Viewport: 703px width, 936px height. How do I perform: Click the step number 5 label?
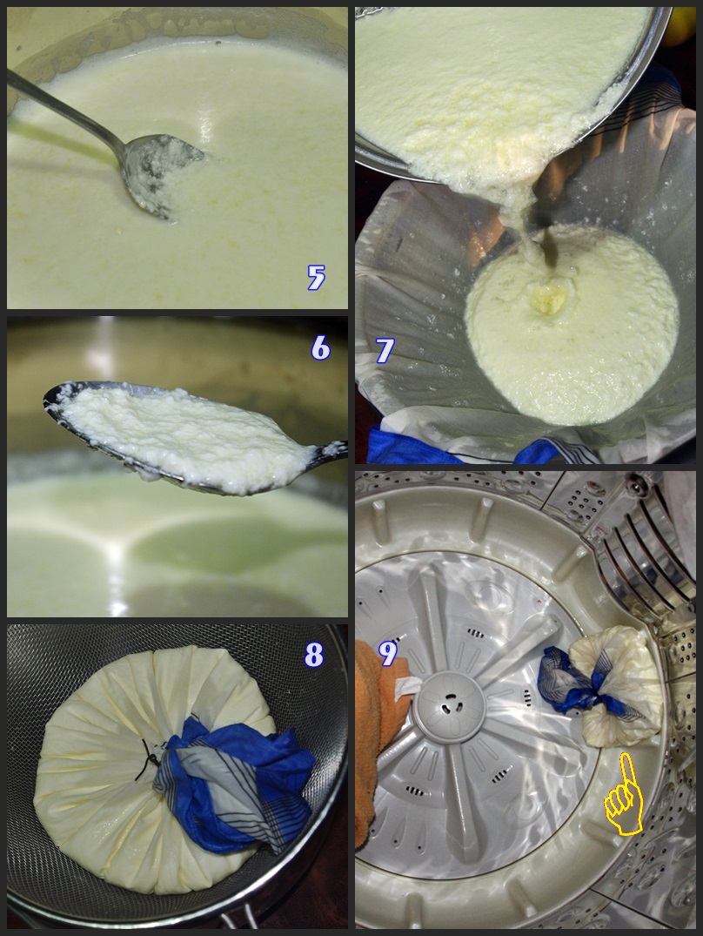pyautogui.click(x=316, y=277)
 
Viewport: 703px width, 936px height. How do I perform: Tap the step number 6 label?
pyautogui.click(x=320, y=347)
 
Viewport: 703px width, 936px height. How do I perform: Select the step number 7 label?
pyautogui.click(x=385, y=350)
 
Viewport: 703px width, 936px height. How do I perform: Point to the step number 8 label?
pyautogui.click(x=313, y=655)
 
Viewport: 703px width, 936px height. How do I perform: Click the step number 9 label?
pyautogui.click(x=387, y=654)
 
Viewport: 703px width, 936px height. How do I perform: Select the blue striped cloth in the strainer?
pyautogui.click(x=236, y=782)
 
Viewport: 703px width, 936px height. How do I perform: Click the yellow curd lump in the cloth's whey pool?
pyautogui.click(x=549, y=297)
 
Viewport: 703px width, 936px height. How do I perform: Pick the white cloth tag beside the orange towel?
pyautogui.click(x=406, y=687)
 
